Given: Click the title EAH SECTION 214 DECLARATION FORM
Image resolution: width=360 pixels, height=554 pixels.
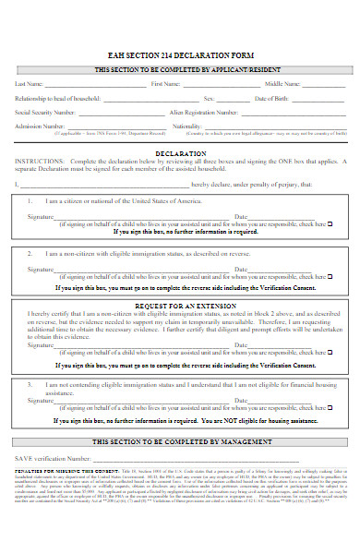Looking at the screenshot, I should [180, 54].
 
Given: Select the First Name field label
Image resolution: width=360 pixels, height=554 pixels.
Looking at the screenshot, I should [166, 84].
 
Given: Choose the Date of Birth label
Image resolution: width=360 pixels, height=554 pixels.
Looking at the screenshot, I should [272, 97].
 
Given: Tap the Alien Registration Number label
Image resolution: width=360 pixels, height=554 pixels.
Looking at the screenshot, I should [202, 111].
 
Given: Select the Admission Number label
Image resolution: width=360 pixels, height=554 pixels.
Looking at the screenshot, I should [40, 126].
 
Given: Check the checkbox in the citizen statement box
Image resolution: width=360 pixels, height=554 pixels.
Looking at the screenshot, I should [330, 223].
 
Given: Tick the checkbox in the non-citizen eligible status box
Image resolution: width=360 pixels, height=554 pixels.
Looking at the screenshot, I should [330, 276].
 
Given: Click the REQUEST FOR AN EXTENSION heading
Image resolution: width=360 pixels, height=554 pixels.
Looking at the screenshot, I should [180, 304].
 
